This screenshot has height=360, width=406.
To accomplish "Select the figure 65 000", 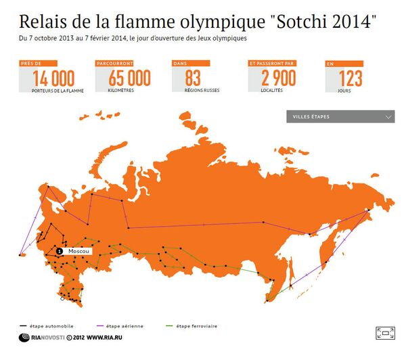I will point(129,79).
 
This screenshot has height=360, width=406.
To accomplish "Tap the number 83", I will point(193,79).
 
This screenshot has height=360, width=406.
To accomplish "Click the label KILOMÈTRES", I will point(122,89).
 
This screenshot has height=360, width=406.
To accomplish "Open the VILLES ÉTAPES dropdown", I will point(340,117).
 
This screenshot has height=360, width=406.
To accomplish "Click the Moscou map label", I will point(78,251).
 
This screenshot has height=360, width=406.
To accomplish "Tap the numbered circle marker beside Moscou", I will point(60,251).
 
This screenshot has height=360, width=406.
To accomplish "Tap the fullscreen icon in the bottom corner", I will point(385,332).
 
